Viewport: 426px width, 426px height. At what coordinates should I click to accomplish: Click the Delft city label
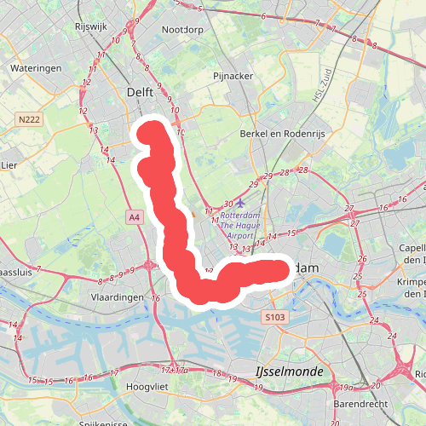[x=140, y=91]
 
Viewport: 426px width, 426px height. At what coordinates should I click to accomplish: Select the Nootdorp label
[x=182, y=29]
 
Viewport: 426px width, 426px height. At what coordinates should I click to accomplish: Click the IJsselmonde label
[x=289, y=372]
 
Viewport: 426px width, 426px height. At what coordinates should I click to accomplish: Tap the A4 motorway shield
[x=135, y=218]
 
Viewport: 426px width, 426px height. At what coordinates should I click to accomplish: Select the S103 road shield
[x=273, y=317]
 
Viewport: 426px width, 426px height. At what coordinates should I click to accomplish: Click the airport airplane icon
[x=242, y=204]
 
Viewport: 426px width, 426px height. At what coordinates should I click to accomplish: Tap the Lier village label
[x=9, y=164]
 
